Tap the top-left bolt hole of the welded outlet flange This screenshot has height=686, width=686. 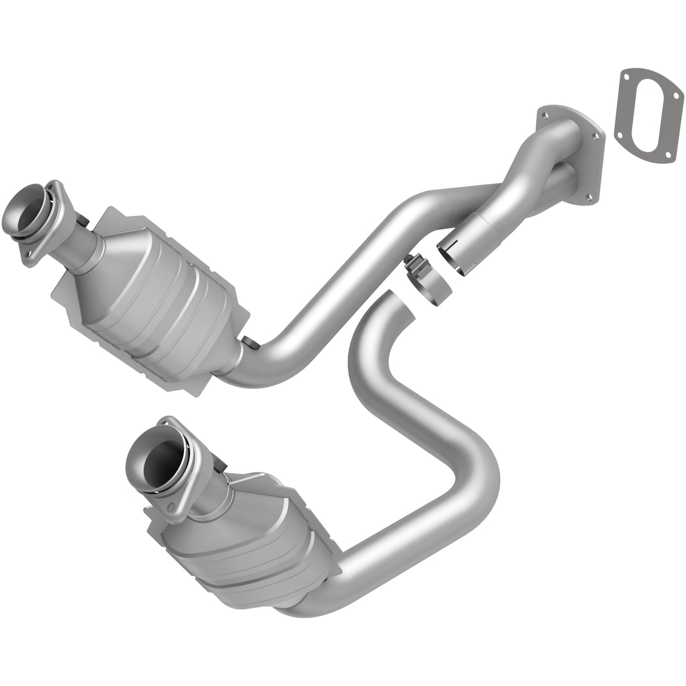544,115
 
